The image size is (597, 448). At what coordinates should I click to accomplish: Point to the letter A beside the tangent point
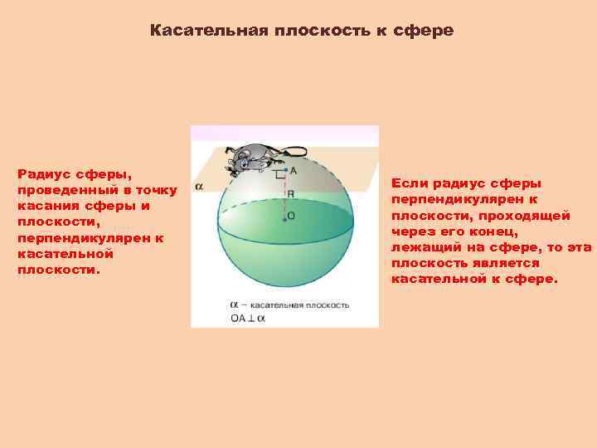coord(294,170)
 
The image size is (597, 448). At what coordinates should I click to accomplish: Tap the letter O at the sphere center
coord(291,216)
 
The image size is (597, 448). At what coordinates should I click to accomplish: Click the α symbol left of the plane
coord(199,187)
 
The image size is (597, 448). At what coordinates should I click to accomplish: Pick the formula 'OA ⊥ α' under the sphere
coord(248,317)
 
